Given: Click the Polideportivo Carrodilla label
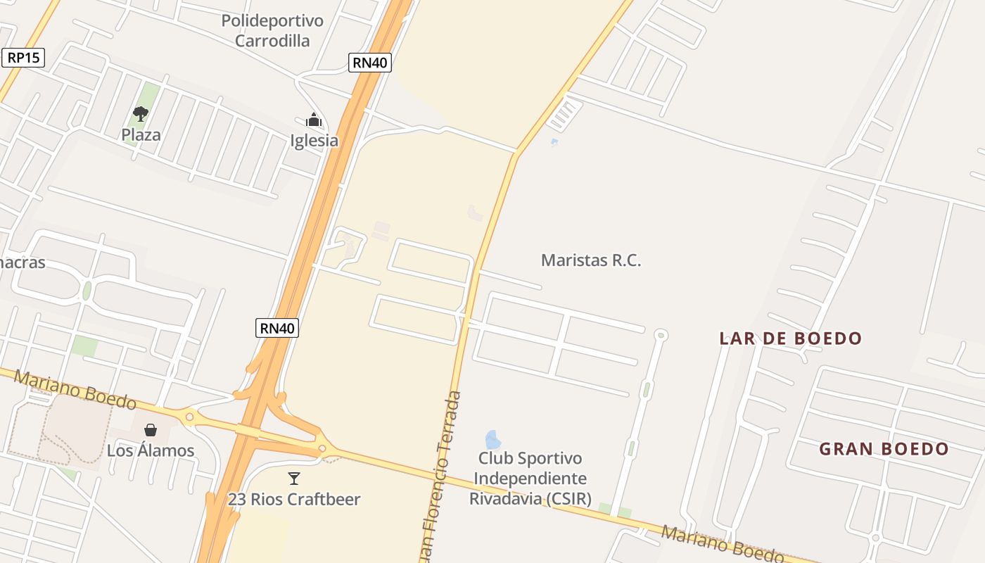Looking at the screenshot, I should (272, 30).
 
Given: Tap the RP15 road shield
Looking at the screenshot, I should (24, 57).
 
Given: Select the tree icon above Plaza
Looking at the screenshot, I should (141, 113).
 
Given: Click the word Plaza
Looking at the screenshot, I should (141, 134).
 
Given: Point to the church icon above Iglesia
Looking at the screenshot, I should (314, 120).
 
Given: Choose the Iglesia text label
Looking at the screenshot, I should (314, 140).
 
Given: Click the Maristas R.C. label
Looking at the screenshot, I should (591, 260).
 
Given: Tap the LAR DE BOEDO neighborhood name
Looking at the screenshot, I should (790, 338).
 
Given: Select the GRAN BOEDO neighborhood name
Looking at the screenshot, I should (884, 448).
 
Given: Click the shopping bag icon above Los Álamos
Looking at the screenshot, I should (151, 430).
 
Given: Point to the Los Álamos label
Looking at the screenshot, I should (151, 450).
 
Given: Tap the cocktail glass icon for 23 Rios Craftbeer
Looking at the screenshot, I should (294, 479).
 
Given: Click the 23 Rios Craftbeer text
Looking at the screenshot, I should (294, 499).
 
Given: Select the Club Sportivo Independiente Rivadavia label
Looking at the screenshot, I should (529, 479).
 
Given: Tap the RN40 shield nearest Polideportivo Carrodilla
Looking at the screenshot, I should (370, 62).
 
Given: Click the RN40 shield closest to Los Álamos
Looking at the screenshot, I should (277, 327).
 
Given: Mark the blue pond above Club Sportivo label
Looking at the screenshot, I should (493, 439).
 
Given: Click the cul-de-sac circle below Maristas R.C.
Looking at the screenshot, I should (661, 335).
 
